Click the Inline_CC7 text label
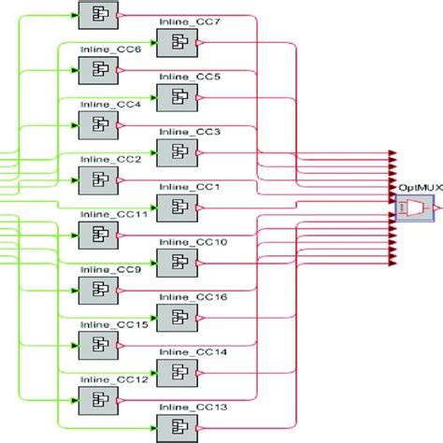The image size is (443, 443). (190, 21)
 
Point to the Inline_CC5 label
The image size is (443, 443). (190, 76)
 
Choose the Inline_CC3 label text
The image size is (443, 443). (190, 132)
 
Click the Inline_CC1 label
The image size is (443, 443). (190, 187)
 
